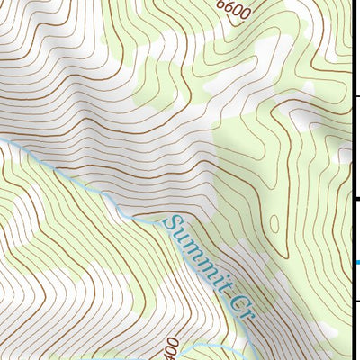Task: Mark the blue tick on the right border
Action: tap(357, 263)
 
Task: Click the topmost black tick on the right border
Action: tap(357, 95)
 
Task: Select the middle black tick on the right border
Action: tap(357, 198)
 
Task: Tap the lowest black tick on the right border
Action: tap(357, 301)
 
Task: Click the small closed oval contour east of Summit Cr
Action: tap(273, 219)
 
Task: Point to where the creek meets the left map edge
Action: tap(2, 140)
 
